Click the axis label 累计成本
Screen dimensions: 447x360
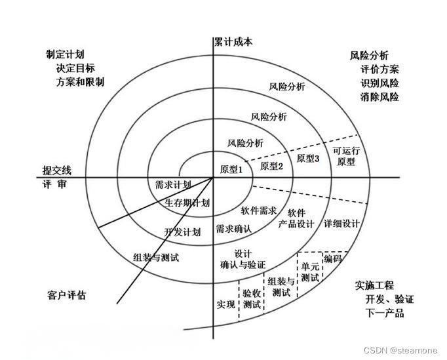pyautogui.click(x=233, y=42)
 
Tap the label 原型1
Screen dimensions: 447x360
pyautogui.click(x=231, y=169)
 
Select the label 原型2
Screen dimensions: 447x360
pyautogui.click(x=271, y=166)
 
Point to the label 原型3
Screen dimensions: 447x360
pyautogui.click(x=308, y=158)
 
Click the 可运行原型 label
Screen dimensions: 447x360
pyautogui.click(x=346, y=156)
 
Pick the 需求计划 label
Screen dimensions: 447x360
pyautogui.click(x=173, y=184)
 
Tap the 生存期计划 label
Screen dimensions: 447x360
pyautogui.click(x=187, y=203)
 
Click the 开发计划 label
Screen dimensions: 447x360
pyautogui.click(x=182, y=232)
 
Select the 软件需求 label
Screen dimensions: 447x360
pyautogui.click(x=258, y=210)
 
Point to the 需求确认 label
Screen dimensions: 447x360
pyautogui.click(x=234, y=228)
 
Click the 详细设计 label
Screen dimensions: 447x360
pyautogui.click(x=341, y=224)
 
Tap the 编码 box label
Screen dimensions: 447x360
pyautogui.click(x=332, y=259)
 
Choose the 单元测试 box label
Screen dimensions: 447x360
pyautogui.click(x=310, y=272)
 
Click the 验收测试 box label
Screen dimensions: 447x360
pyautogui.click(x=252, y=298)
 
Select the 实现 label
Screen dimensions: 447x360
pyautogui.click(x=225, y=304)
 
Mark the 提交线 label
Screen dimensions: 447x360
pyautogui.click(x=57, y=170)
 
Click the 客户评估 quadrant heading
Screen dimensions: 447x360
pyautogui.click(x=66, y=295)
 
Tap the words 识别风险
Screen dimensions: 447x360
pyautogui.click(x=379, y=83)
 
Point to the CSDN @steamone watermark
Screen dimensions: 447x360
pyautogui.click(x=400, y=350)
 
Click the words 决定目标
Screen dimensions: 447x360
pyautogui.click(x=75, y=68)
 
